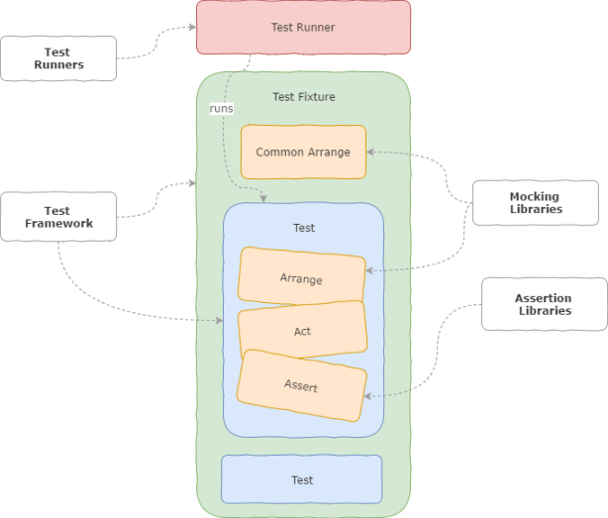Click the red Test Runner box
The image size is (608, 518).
pyautogui.click(x=303, y=27)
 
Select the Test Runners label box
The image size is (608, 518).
pyautogui.click(x=58, y=58)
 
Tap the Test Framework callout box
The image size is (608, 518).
pyautogui.click(x=58, y=217)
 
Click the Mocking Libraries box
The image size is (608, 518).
pyautogui.click(x=535, y=203)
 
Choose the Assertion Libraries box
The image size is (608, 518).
pyautogui.click(x=544, y=304)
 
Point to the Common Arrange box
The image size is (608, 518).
pyautogui.click(x=303, y=153)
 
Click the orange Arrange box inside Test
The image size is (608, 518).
pyautogui.click(x=301, y=278)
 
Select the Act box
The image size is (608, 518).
pyautogui.click(x=302, y=331)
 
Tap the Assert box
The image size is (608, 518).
pyautogui.click(x=301, y=385)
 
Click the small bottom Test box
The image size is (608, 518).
pyautogui.click(x=302, y=479)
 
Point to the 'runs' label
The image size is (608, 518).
pyautogui.click(x=221, y=108)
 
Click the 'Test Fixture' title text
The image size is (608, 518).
pyautogui.click(x=303, y=96)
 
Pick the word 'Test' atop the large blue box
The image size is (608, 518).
pyautogui.click(x=303, y=228)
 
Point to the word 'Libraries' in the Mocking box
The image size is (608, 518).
pyautogui.click(x=536, y=209)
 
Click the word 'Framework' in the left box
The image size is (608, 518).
pyautogui.click(x=58, y=224)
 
